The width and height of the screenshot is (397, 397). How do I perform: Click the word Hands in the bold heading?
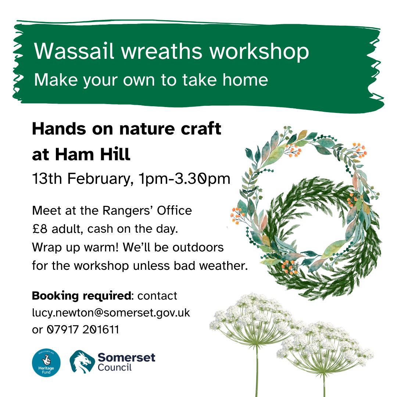click(x=59, y=129)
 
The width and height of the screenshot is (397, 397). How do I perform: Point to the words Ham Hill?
click(x=93, y=154)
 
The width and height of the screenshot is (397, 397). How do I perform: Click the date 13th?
click(x=47, y=179)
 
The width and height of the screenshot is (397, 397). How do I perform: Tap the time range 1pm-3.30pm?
click(x=185, y=179)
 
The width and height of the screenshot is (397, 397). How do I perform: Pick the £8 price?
click(x=40, y=229)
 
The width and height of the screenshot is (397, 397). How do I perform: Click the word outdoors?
click(x=198, y=247)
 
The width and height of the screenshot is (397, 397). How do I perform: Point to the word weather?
click(x=223, y=266)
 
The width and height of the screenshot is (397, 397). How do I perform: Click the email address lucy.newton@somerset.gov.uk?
click(x=111, y=313)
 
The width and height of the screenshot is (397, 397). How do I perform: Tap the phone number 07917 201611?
click(x=83, y=330)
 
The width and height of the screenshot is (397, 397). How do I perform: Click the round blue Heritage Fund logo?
click(x=46, y=362)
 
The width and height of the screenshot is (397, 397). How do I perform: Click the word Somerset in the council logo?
click(x=126, y=357)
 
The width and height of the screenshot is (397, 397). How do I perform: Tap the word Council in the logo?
click(x=115, y=367)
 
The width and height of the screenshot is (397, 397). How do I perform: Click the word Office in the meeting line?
click(x=175, y=211)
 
